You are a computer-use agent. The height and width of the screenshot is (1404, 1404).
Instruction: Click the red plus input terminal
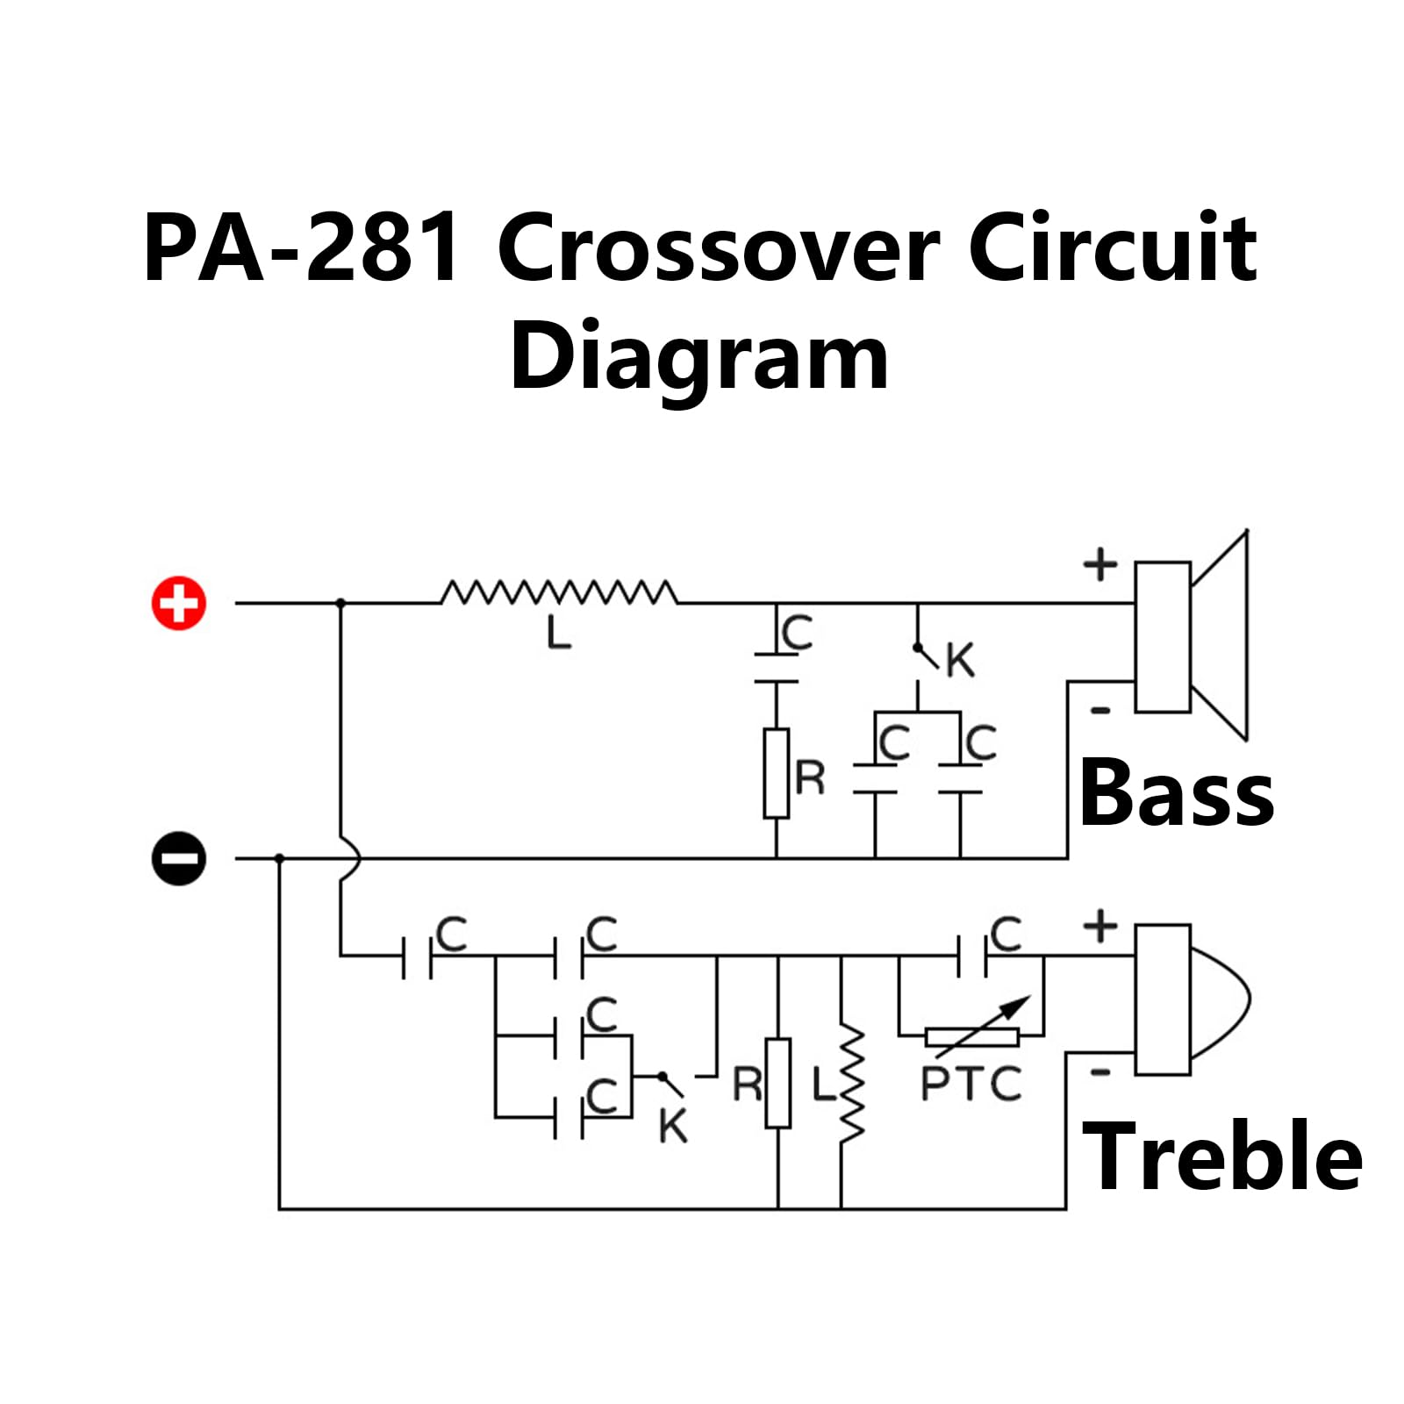pos(179,603)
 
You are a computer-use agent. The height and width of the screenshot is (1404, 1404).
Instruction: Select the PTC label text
pos(971,1084)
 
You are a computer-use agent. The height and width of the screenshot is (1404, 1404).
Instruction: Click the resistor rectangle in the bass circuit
pos(777,773)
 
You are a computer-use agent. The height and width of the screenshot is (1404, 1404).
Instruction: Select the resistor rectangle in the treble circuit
pos(778,1083)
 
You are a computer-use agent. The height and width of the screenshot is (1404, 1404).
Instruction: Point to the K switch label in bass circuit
pos(960,661)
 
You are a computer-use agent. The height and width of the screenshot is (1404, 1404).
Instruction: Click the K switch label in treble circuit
pos(673,1126)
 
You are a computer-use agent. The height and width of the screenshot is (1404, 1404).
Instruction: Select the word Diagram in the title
pos(699,360)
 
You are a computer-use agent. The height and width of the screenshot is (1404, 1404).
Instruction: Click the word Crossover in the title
pos(719,249)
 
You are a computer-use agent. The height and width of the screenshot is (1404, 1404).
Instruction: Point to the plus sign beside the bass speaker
pos(1100,564)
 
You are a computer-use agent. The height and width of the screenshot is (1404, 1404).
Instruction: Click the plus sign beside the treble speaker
pos(1100,927)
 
